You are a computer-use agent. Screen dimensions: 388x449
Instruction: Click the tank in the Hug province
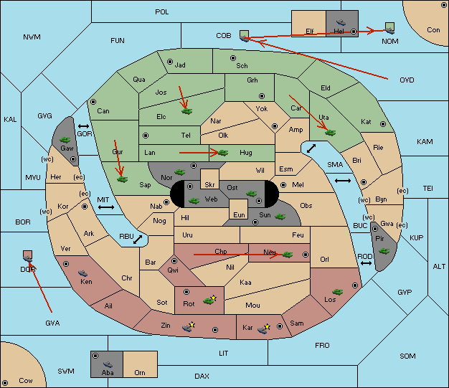[223, 152]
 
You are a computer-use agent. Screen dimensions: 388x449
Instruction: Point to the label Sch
[242, 65]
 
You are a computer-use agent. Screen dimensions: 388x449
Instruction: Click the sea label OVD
[407, 80]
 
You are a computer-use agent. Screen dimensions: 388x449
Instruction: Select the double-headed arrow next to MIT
[107, 207]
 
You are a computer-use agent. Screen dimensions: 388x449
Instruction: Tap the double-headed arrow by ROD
[366, 264]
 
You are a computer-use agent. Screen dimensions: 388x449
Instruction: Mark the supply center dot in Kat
[383, 123]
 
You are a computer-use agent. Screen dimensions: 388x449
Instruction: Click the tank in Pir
[384, 251]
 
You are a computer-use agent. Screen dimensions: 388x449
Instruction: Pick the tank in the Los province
[339, 289]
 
